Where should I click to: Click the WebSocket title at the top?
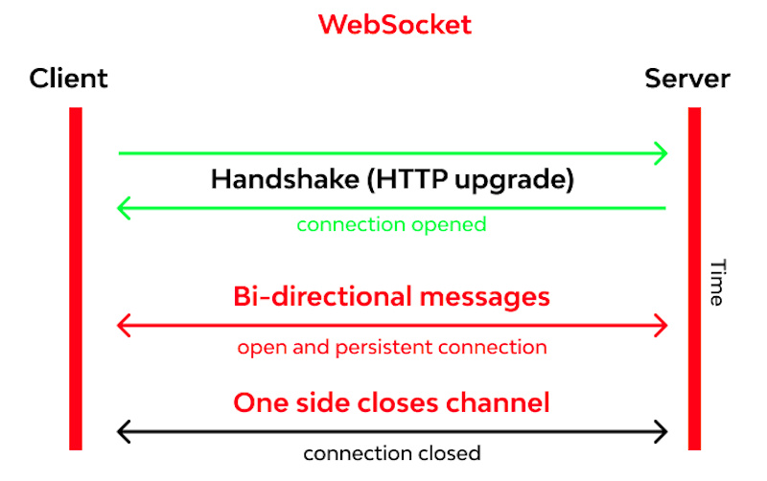395,24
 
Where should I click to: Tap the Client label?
68,79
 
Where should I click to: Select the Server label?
687,79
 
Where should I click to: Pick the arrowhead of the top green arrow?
661,152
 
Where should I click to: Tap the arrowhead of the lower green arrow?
124,207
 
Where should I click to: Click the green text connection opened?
391,225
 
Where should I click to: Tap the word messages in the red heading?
485,297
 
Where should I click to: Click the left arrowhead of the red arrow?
124,326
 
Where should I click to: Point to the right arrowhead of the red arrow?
661,326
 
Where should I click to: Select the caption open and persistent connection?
392,347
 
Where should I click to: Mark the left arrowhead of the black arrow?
124,431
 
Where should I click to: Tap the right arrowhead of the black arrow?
661,431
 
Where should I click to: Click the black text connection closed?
391,452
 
